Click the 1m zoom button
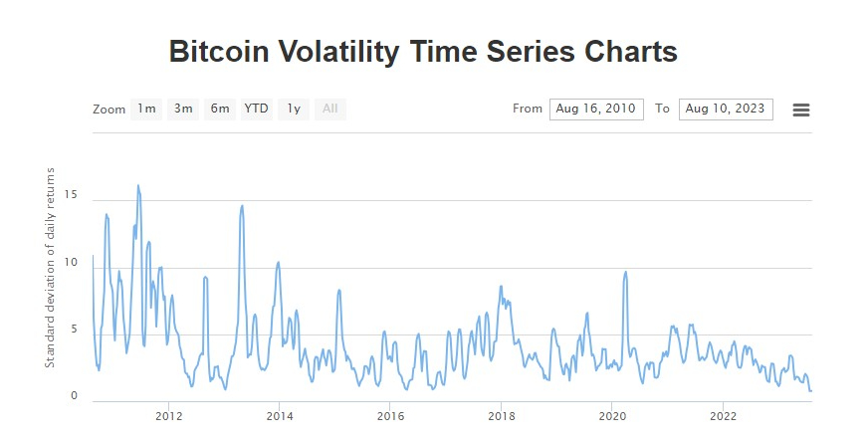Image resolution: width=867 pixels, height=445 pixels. (146, 109)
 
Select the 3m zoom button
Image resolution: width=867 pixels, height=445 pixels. (183, 109)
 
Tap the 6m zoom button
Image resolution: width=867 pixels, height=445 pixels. (220, 109)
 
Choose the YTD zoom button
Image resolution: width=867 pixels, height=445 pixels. (257, 109)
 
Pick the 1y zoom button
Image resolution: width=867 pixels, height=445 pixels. (294, 109)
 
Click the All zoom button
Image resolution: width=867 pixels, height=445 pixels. (330, 109)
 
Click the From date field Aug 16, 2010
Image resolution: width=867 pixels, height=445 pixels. (596, 109)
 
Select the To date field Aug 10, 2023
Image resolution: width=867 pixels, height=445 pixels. (726, 109)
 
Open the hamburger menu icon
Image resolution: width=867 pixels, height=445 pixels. (801, 110)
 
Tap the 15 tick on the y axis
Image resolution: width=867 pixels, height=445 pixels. (71, 195)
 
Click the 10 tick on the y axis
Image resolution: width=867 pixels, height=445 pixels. (71, 263)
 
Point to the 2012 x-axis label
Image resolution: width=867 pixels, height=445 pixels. (169, 415)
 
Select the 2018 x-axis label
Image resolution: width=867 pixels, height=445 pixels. (501, 415)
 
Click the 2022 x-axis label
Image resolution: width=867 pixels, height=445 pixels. (723, 415)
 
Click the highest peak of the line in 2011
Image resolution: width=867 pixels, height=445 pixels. (138, 185)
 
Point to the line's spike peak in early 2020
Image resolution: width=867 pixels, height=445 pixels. (625, 272)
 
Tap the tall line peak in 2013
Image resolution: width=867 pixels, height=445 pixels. (242, 206)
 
